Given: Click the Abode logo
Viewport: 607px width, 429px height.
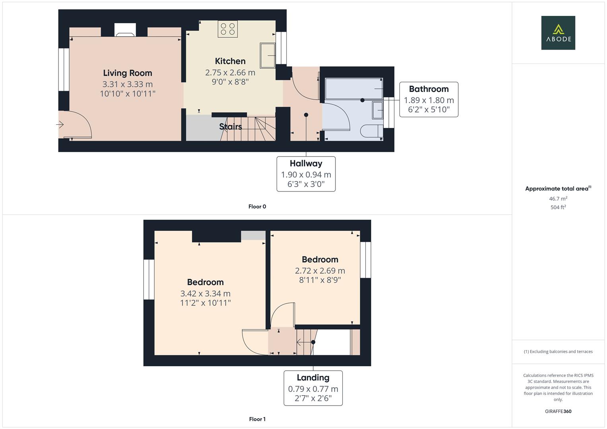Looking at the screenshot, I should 558,33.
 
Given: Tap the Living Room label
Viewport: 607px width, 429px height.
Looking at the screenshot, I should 128,73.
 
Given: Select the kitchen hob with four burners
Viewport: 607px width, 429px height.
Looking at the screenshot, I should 228,29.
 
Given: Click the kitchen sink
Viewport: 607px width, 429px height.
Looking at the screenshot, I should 268,55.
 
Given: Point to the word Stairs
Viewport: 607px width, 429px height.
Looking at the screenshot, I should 231,126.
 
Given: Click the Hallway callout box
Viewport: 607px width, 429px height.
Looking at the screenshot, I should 306,174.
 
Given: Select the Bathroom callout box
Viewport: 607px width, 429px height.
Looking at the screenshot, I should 429,99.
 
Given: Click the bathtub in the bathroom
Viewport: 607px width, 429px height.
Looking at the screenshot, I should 354,89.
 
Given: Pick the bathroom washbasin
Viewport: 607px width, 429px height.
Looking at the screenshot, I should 378,110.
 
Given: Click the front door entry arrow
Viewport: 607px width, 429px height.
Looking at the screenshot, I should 60,125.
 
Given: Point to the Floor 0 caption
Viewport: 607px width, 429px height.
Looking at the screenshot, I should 257,207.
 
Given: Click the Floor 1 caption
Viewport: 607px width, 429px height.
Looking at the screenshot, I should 257,419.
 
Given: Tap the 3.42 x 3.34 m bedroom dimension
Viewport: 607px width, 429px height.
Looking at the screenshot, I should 206,294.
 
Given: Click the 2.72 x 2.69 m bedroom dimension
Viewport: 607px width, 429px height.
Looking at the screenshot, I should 320,271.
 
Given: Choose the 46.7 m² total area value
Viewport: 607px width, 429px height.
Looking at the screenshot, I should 558,199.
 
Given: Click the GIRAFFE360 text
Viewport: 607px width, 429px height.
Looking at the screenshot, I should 558,411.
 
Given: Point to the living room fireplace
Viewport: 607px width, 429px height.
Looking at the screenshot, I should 125,30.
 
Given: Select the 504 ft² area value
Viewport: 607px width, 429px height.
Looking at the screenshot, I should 558,207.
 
